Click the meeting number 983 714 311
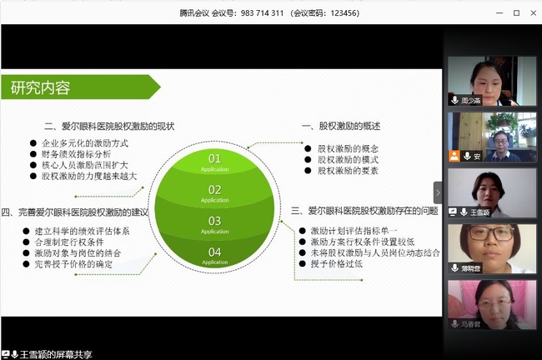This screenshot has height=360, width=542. click(261, 13)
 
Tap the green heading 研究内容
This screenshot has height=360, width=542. click(41, 87)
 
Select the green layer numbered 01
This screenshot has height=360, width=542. click(214, 160)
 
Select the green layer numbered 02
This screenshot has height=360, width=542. click(214, 192)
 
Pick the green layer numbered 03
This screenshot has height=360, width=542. click(214, 222)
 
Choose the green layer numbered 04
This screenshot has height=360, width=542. click(214, 253)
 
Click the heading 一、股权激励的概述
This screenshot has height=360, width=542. click(340, 127)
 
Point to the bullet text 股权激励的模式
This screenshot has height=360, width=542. click(348, 159)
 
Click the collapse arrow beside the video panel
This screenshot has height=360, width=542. click(437, 192)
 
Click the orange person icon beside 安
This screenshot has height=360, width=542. click(454, 156)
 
